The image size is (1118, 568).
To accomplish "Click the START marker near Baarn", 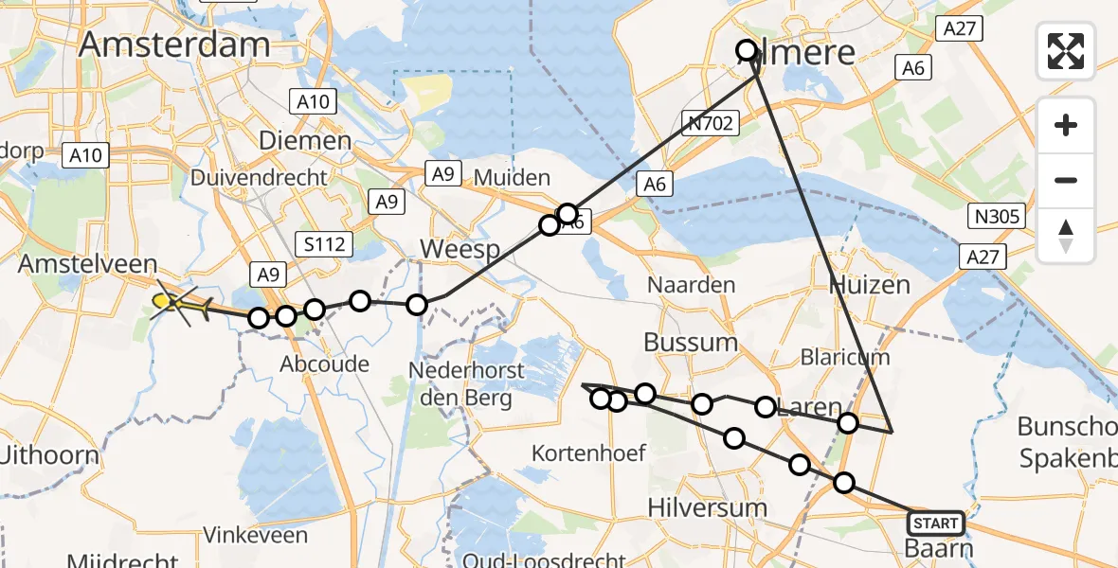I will click(x=935, y=523).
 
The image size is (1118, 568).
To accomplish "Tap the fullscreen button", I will click(x=1066, y=50).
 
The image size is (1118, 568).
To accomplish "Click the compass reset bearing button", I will click(x=1066, y=236).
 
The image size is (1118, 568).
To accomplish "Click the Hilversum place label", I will click(x=707, y=507).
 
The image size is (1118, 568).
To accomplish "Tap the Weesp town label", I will click(x=460, y=251).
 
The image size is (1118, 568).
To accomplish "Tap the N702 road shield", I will click(x=709, y=120).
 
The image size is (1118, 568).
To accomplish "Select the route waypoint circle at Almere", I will click(x=747, y=50).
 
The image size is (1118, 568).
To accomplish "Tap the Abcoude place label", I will click(x=325, y=364).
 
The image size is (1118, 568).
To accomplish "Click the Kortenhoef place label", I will click(x=588, y=453).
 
